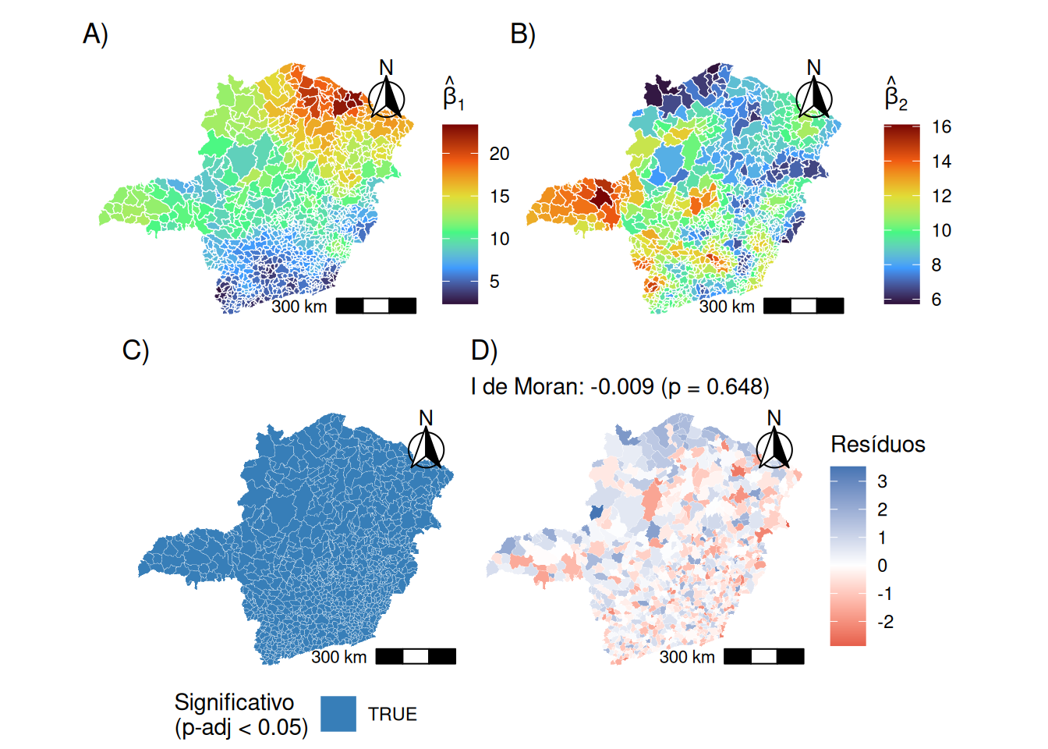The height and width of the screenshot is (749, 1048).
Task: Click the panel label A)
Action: (95, 35)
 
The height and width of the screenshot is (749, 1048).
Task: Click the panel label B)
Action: (522, 35)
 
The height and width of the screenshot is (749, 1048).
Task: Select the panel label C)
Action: (135, 351)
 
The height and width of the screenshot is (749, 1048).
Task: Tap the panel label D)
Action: (483, 351)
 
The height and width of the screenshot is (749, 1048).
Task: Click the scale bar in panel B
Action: (803, 306)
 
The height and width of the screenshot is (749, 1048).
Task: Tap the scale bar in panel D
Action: (763, 656)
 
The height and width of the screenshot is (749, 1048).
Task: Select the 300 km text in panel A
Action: (299, 307)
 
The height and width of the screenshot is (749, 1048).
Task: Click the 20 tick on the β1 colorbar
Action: (499, 154)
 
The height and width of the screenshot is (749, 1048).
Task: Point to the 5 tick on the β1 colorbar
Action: (494, 282)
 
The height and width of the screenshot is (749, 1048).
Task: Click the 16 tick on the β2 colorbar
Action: (941, 127)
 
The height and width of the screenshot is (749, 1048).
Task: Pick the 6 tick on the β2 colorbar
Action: (936, 300)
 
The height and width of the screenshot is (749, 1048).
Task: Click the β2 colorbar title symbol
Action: (895, 95)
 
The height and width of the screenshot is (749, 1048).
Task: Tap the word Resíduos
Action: (878, 445)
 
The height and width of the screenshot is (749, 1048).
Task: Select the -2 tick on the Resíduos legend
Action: (885, 623)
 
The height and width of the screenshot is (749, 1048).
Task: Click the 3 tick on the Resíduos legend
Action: (882, 481)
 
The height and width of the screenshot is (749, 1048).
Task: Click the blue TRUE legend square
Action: (338, 714)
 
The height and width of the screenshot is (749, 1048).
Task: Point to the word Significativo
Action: (234, 702)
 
